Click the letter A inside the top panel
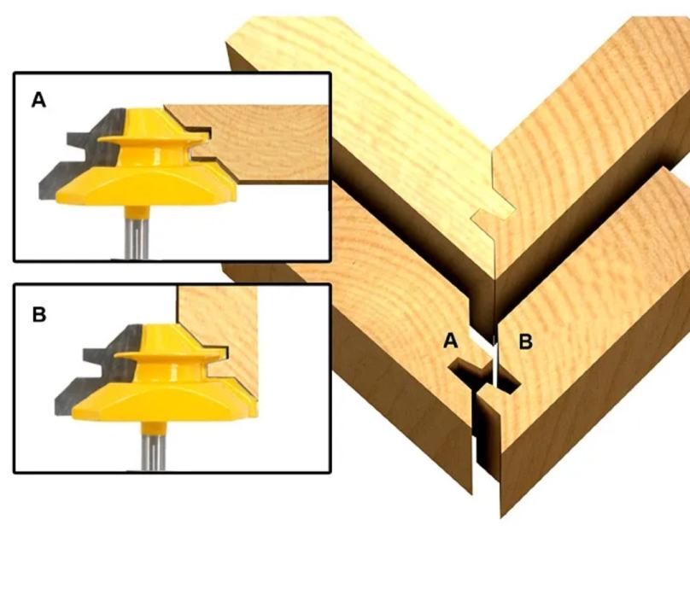click(38, 100)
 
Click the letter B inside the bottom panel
click(39, 314)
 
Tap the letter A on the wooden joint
click(451, 341)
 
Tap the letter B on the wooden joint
click(526, 341)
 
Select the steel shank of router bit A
click(137, 238)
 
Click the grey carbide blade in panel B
click(99, 370)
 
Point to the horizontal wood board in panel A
click(264, 143)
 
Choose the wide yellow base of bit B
click(164, 400)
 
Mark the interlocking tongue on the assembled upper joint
click(493, 216)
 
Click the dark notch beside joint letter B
click(509, 382)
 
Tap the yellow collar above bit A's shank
click(137, 212)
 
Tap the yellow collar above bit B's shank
click(154, 429)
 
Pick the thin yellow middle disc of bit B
click(170, 355)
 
